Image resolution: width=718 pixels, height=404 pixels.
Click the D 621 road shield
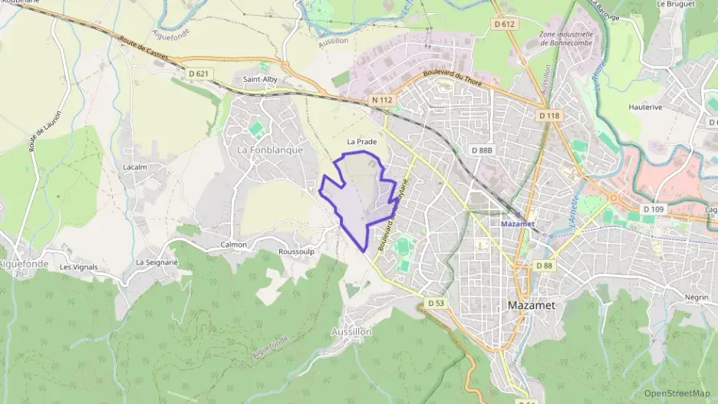(198, 74)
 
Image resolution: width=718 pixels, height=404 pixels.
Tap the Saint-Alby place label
(260, 79)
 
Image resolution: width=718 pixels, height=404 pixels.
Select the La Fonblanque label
(270, 149)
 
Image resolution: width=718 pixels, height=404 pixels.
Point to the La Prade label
(362, 142)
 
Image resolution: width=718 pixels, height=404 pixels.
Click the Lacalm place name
(134, 166)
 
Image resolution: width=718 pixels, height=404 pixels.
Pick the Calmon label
(234, 245)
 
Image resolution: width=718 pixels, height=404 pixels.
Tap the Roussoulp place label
(297, 251)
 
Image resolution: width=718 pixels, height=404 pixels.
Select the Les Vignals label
(79, 267)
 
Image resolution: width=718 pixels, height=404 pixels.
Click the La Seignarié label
(156, 262)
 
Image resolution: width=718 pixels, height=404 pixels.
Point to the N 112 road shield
(382, 100)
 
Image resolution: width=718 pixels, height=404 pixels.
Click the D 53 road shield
(436, 303)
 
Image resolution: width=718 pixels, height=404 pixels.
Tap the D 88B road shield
(482, 150)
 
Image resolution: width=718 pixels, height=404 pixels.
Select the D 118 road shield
(548, 115)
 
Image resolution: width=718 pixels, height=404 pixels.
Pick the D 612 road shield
(504, 25)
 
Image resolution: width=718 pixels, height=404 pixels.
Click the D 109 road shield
(654, 209)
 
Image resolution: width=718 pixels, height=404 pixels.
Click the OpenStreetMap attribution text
(677, 393)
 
